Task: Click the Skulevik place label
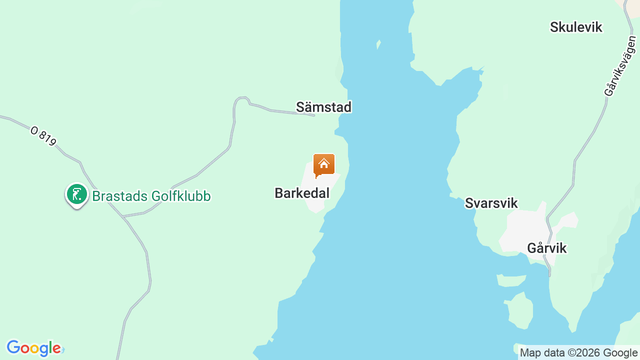coord(576,27)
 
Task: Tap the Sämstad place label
coord(323,107)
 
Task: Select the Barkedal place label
coord(302,193)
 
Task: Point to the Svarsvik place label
coord(491,203)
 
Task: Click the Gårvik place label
coord(546,248)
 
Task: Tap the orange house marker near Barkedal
coord(323,164)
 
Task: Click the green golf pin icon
coord(77,194)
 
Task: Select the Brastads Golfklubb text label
coord(151,196)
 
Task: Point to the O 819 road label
coord(43,136)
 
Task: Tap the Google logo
coord(34,348)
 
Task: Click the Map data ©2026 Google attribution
coord(578,353)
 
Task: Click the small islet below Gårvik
coord(520,310)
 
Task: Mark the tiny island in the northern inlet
coord(378,44)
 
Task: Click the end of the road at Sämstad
coord(314,115)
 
